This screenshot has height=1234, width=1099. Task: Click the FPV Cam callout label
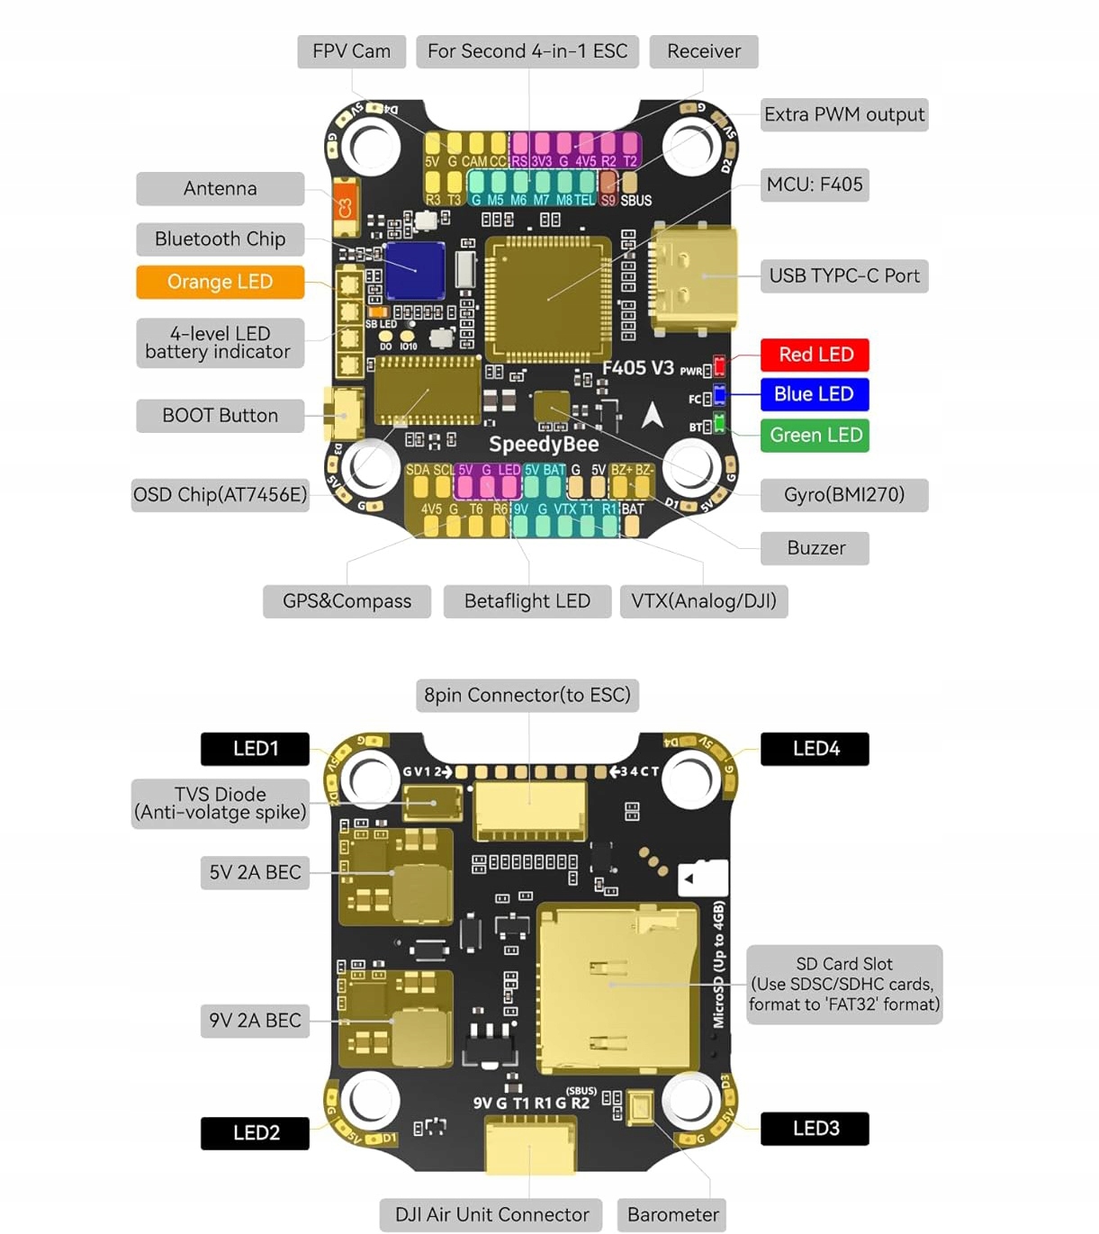point(351,51)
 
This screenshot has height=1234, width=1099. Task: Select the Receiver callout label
point(703,51)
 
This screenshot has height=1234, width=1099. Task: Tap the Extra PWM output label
point(843,114)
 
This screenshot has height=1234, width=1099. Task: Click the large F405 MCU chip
point(548,298)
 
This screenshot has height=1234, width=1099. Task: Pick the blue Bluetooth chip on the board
point(415,270)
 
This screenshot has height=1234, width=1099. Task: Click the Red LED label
point(815,355)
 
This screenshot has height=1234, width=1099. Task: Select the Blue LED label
point(815,394)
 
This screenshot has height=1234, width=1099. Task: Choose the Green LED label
point(815,436)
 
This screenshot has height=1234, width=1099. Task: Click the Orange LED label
point(220,282)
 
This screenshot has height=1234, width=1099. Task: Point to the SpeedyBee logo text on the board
point(544,444)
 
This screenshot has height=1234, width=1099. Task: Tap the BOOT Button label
point(220,416)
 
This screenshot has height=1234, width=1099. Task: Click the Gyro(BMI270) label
point(843,494)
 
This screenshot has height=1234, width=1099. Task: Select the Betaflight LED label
point(527,601)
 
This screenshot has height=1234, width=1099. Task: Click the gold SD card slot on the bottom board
point(617,987)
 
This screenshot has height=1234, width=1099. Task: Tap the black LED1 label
point(255,749)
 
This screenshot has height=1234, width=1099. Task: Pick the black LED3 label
point(815,1129)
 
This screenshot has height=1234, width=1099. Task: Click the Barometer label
point(672,1215)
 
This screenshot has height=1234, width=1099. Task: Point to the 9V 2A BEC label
point(255,1021)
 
